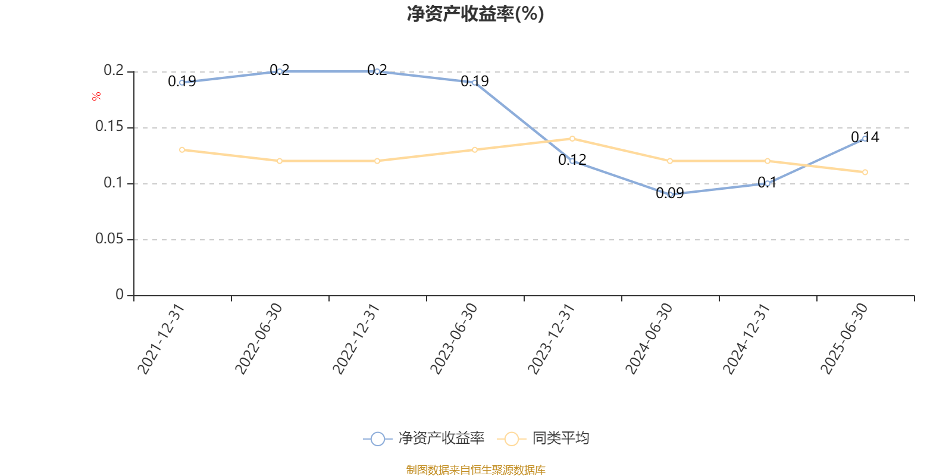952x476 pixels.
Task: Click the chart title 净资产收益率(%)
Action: (x=475, y=14)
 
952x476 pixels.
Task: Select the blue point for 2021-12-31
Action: (x=182, y=83)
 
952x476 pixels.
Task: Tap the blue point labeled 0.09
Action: (x=670, y=195)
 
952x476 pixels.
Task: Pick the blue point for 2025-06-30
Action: (x=865, y=139)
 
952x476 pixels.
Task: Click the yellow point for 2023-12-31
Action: (x=572, y=139)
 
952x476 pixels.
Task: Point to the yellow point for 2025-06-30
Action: (x=865, y=172)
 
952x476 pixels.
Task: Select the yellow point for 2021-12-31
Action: (x=182, y=149)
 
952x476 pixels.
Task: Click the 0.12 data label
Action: (x=572, y=159)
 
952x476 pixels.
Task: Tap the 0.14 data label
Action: (x=865, y=137)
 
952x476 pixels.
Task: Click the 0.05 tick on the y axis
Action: (x=110, y=239)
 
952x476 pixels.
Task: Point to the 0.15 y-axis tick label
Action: (x=110, y=127)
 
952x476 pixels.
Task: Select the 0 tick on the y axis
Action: (x=120, y=295)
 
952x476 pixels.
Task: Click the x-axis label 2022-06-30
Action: (x=259, y=339)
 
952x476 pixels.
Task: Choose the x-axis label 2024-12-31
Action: (x=747, y=339)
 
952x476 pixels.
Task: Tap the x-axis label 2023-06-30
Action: (x=454, y=339)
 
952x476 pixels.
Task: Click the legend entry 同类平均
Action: (x=560, y=439)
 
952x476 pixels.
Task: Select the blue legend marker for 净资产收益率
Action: (x=377, y=439)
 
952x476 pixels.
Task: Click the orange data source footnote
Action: (x=475, y=470)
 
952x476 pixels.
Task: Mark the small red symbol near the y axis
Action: (x=96, y=97)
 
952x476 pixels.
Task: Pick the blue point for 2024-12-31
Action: (x=768, y=183)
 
